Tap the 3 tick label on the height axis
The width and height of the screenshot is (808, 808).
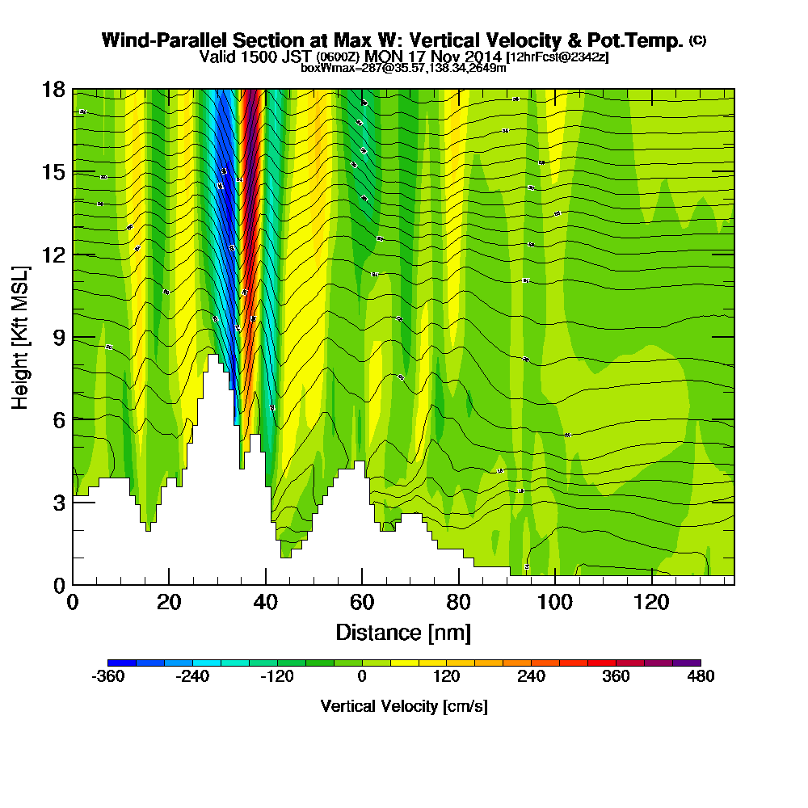coord(57,502)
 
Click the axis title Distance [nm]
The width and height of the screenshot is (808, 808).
coord(403,632)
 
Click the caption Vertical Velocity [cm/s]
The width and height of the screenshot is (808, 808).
coord(404,706)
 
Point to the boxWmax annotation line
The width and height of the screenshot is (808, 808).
coord(403,68)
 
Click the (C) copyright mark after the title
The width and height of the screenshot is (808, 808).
coord(697,40)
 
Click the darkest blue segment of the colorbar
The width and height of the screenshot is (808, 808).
coord(122,663)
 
